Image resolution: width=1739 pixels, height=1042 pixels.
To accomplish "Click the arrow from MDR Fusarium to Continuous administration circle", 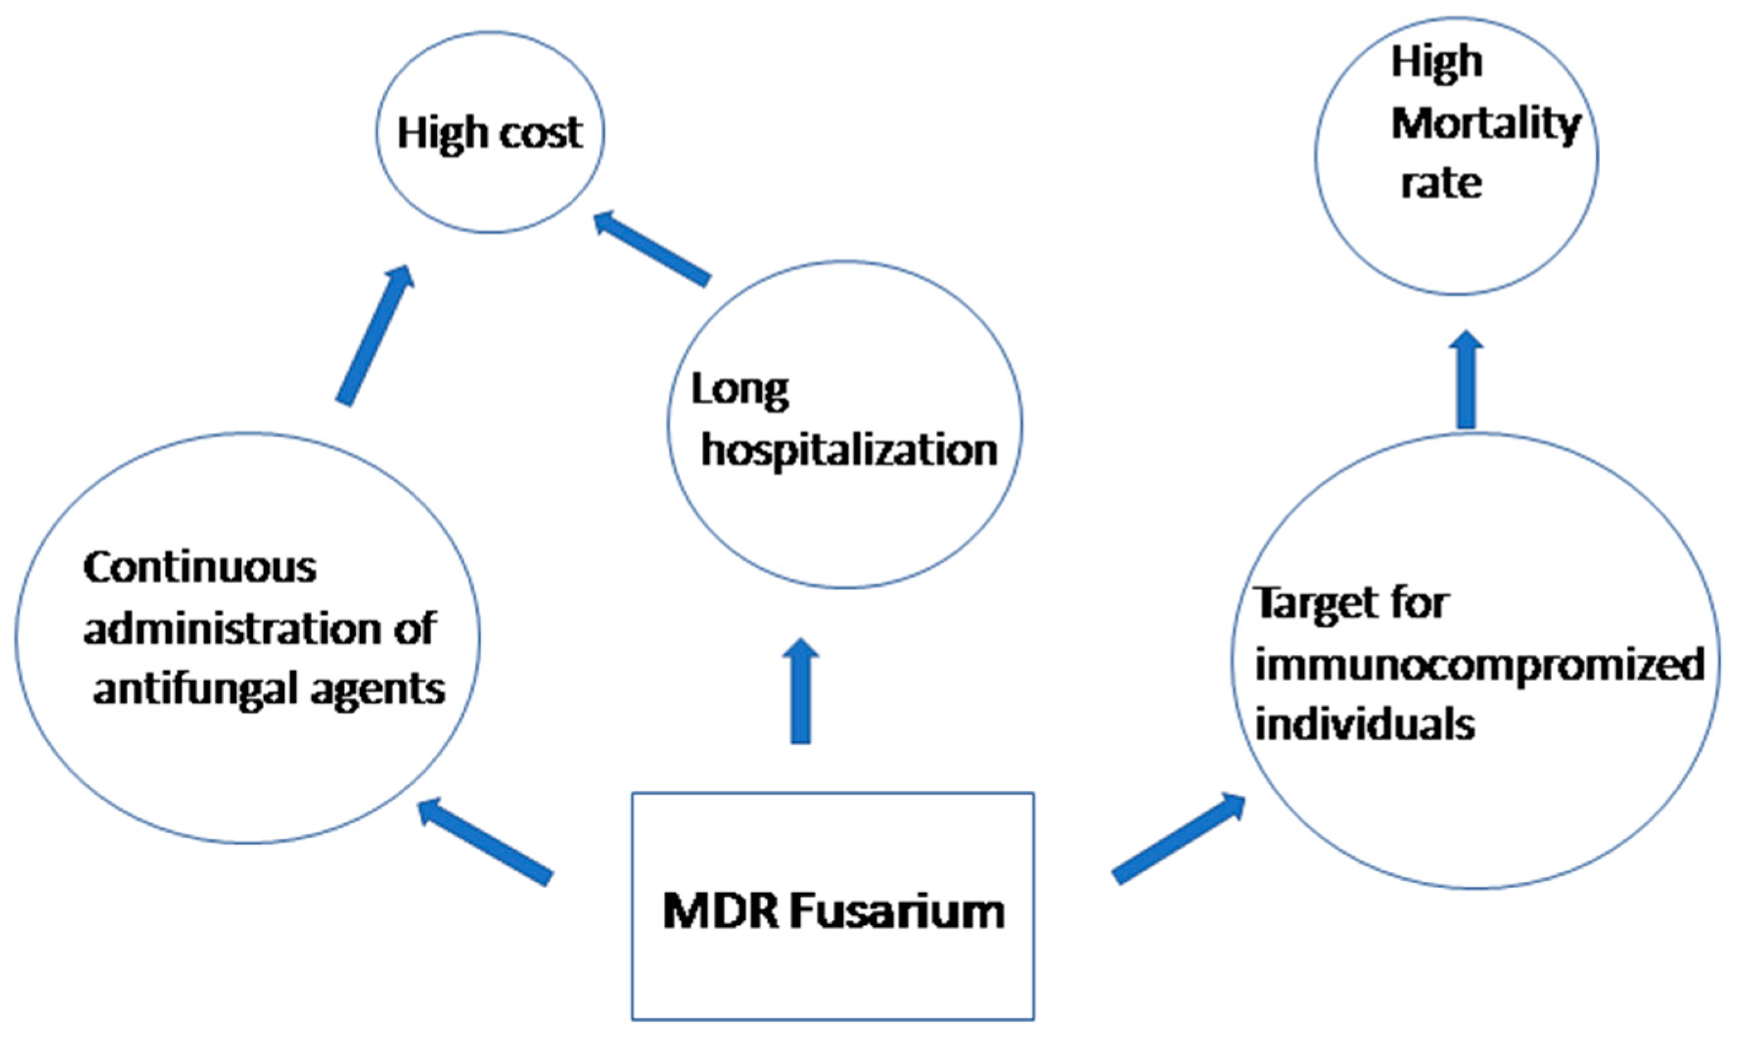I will [484, 842].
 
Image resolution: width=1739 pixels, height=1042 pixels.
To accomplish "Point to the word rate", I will [1441, 184].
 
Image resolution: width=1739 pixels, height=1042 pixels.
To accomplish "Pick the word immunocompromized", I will [1479, 664].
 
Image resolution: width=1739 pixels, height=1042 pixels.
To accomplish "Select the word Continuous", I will [200, 568].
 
